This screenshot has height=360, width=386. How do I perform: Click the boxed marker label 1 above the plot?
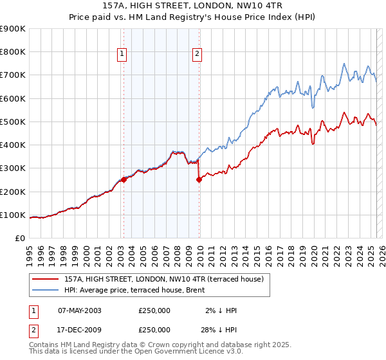pos(122,55)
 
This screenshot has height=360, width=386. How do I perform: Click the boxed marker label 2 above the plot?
pos(197,55)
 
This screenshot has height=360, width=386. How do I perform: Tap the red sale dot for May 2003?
pos(124,180)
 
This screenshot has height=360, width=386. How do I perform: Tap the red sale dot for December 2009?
pos(199,180)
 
